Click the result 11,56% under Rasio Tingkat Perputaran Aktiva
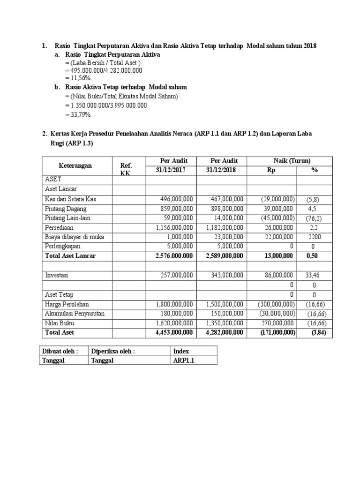[78, 78]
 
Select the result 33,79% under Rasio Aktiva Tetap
[78, 114]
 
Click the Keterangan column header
[75, 165]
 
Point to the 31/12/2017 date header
[171, 170]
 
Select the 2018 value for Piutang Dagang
[225, 209]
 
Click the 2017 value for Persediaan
[174, 227]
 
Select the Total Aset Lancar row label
[70, 255]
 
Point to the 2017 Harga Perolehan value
[174, 304]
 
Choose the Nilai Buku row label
[60, 323]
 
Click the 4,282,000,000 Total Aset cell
[225, 332]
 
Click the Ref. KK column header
[126, 169]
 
